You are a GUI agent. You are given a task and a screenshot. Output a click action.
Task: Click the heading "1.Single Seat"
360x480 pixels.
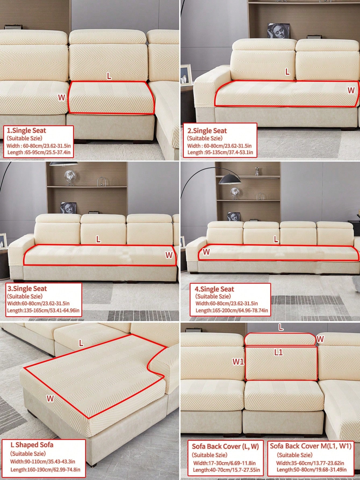[26, 131]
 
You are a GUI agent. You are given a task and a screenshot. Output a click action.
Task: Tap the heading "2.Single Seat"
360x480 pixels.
[207, 131]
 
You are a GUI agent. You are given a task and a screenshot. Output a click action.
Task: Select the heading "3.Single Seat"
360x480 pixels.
[27, 289]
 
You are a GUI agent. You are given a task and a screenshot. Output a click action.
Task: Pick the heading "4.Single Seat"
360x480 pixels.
[214, 289]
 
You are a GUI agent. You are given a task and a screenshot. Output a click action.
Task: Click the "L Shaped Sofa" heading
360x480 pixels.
[32, 445]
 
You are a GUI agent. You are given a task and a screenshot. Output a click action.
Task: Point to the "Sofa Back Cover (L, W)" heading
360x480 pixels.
[225, 446]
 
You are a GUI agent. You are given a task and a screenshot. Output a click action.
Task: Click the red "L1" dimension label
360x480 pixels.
[279, 352]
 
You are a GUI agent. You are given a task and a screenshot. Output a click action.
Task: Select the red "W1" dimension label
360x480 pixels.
[238, 362]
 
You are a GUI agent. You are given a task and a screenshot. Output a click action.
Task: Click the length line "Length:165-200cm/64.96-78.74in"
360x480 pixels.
[232, 310]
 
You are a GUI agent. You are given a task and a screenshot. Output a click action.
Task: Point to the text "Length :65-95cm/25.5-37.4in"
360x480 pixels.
[39, 152]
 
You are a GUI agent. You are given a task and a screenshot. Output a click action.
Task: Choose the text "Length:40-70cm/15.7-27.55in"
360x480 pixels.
[226, 470]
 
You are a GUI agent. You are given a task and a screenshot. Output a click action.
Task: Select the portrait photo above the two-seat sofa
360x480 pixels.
[278, 31]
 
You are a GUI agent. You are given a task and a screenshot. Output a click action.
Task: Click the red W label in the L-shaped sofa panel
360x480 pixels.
[50, 399]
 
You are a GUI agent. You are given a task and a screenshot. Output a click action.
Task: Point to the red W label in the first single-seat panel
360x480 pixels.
[62, 98]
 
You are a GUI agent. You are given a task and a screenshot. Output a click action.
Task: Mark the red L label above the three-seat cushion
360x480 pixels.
[98, 240]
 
